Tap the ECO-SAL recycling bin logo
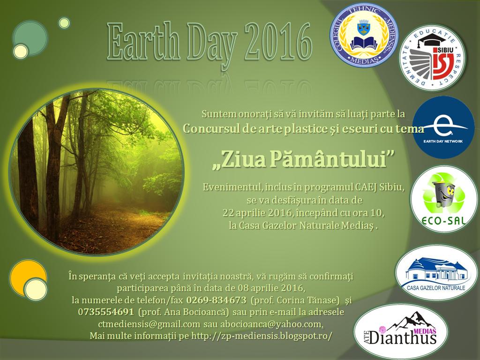(444, 199)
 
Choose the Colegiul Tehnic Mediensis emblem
(364, 34)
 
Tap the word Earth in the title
(142, 42)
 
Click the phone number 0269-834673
(216, 300)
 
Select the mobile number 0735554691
(106, 312)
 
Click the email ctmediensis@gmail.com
(149, 324)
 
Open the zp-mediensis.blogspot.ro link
(262, 336)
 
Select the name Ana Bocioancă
(196, 312)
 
